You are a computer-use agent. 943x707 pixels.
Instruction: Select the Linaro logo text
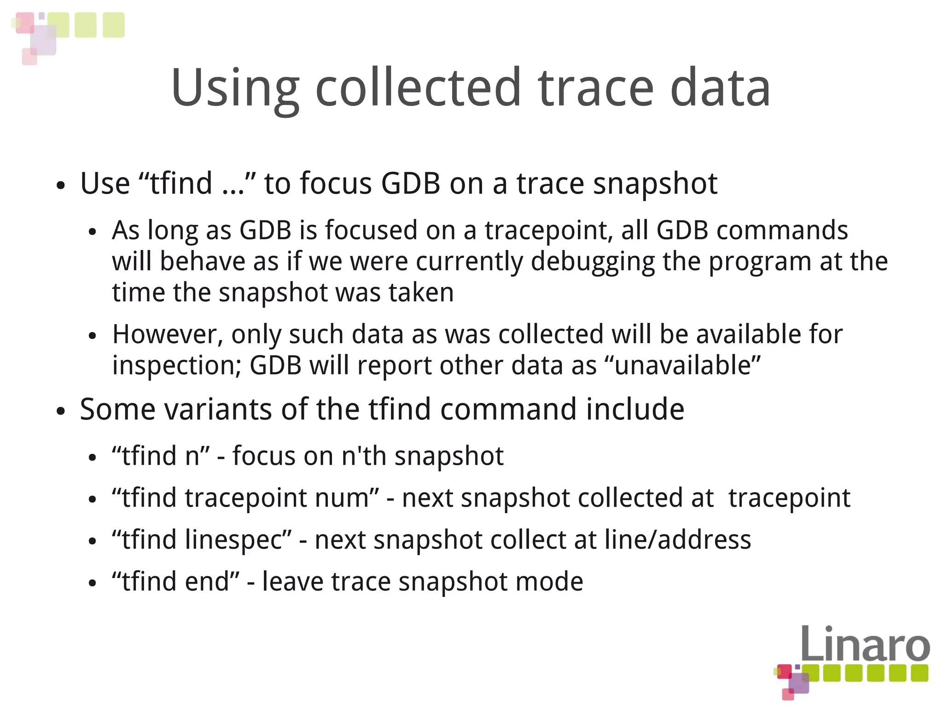point(865,643)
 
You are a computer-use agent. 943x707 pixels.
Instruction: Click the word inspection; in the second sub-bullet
point(177,366)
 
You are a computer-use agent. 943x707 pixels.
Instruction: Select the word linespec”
point(239,540)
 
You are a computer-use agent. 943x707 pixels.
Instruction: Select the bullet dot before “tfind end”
point(93,583)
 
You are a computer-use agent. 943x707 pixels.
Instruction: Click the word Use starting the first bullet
point(105,183)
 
